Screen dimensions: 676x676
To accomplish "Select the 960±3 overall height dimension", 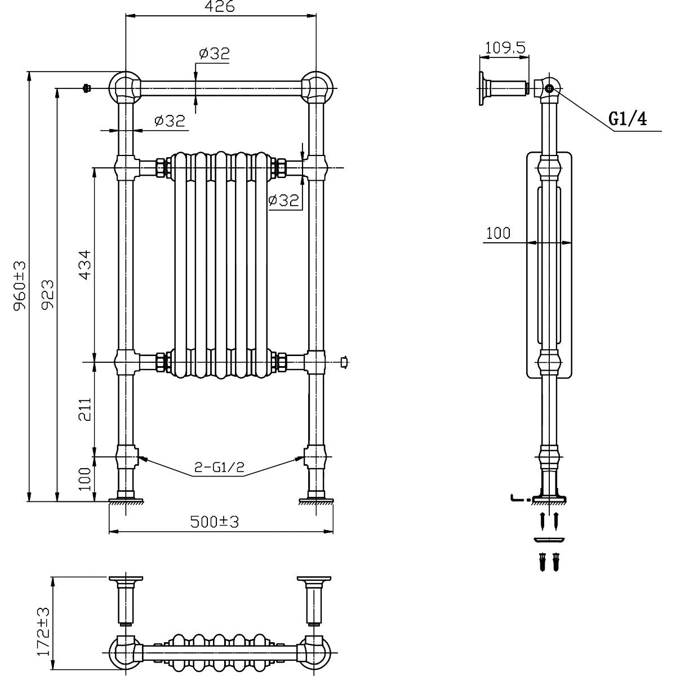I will click(x=21, y=286).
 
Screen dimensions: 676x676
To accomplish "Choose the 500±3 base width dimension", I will click(x=214, y=522).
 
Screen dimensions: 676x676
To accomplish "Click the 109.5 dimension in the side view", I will click(x=505, y=48).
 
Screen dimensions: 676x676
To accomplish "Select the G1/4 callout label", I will click(x=628, y=119).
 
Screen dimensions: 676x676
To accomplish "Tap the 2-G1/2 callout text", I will click(x=219, y=468).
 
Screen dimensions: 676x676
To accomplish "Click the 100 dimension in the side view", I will click(x=498, y=233).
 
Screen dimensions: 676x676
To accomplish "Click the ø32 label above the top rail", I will click(x=214, y=54).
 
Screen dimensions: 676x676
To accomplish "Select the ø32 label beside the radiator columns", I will click(x=283, y=200).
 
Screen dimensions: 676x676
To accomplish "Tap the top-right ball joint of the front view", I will click(x=317, y=88).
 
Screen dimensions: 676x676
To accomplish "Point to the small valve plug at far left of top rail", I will click(x=86, y=88).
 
